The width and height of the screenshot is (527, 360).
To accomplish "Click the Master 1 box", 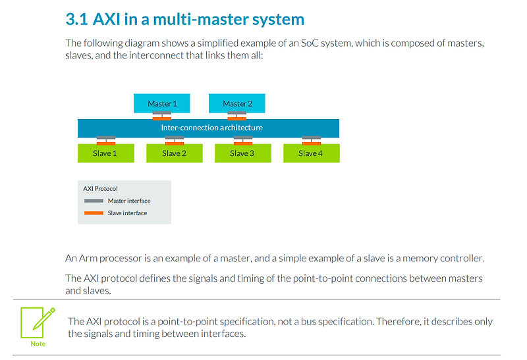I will (162, 103).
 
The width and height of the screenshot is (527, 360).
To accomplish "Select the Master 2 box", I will (237, 103).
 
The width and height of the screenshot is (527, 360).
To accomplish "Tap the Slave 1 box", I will (105, 153).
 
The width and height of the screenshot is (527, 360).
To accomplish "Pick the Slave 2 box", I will (174, 153).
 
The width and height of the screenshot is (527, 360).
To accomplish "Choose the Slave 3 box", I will (242, 153).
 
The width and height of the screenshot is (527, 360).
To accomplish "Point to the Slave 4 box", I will (311, 153).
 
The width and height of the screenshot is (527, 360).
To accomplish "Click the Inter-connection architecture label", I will (211, 128).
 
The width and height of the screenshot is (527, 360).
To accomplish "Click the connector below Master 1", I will (162, 116).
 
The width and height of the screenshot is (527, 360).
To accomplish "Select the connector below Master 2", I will (237, 116).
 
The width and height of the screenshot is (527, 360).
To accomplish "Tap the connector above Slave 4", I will (311, 140).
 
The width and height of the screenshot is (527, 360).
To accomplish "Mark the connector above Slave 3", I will (242, 140).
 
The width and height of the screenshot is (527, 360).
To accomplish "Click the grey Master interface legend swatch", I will (94, 201).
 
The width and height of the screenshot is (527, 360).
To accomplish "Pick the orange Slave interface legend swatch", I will (94, 213).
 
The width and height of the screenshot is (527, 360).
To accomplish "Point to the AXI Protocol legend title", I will (100, 189).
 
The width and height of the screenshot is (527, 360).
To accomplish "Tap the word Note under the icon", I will (38, 344).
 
